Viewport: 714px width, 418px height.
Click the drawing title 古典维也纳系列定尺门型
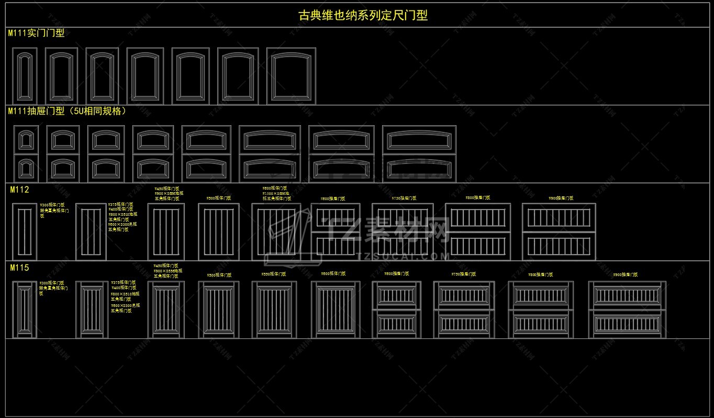pos(363,15)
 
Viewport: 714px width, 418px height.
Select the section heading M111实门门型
pos(36,33)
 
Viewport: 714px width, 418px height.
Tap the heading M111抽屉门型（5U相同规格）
pos(67,111)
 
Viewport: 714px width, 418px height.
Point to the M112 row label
pos(19,190)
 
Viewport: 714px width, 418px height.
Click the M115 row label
pos(19,268)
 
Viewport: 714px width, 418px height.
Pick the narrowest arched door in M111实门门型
pos(24,75)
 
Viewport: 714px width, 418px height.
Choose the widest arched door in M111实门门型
pos(291,75)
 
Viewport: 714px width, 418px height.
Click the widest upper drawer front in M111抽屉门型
pos(419,140)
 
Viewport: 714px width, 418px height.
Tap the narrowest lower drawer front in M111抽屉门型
pos(25,169)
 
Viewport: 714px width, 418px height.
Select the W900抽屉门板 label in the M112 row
pos(561,199)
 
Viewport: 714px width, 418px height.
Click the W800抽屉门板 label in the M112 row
pos(477,198)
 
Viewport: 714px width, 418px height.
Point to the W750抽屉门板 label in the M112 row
pos(404,199)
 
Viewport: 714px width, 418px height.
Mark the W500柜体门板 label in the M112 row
pos(218,199)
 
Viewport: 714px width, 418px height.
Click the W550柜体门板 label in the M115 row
pos(274,274)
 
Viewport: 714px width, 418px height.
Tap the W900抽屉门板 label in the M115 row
pos(625,274)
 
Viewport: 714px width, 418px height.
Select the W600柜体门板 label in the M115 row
pos(333,273)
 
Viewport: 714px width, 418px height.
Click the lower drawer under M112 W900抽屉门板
pos(559,246)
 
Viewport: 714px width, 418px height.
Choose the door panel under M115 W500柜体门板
pos(218,310)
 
